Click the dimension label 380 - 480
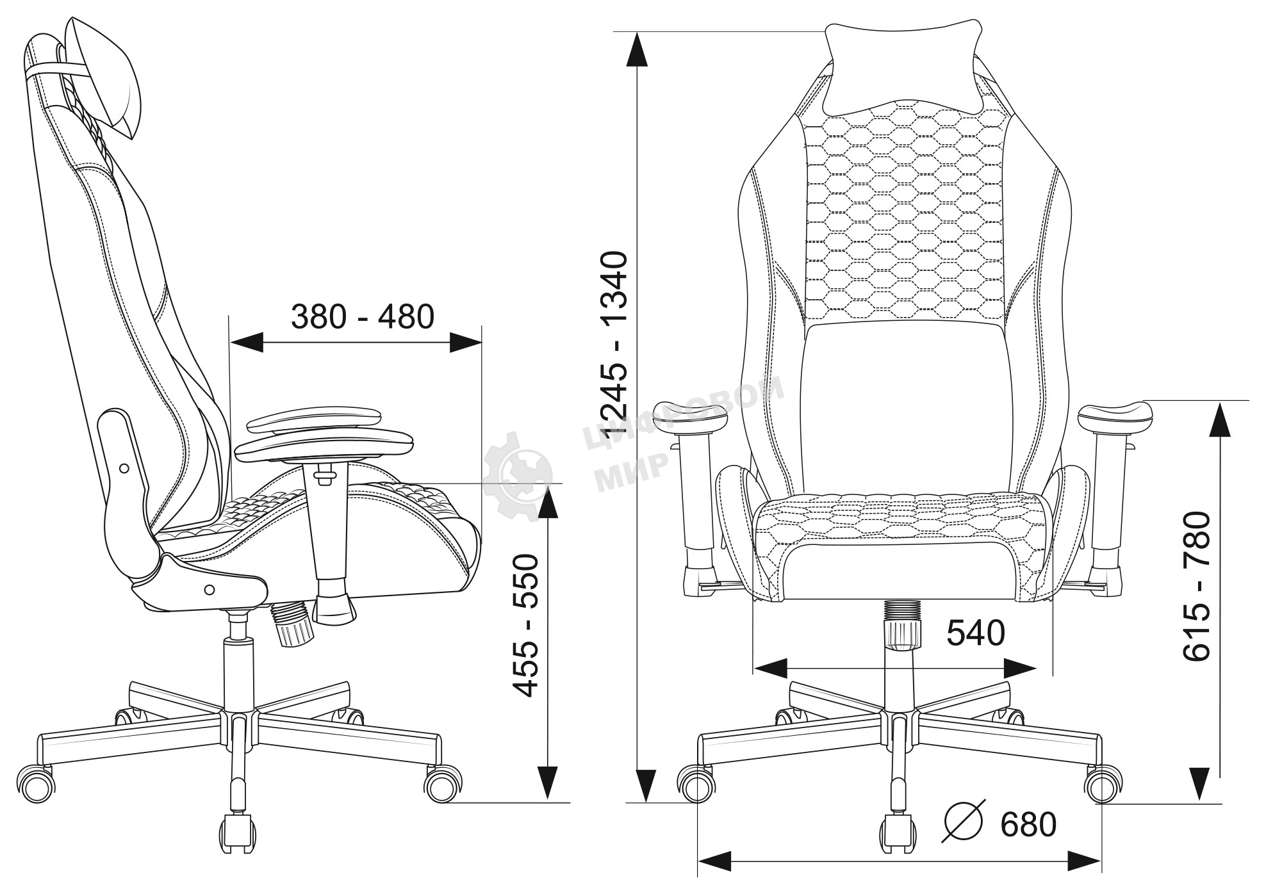[x=363, y=316]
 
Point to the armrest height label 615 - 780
[x=1196, y=587]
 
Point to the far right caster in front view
[x=1103, y=785]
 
